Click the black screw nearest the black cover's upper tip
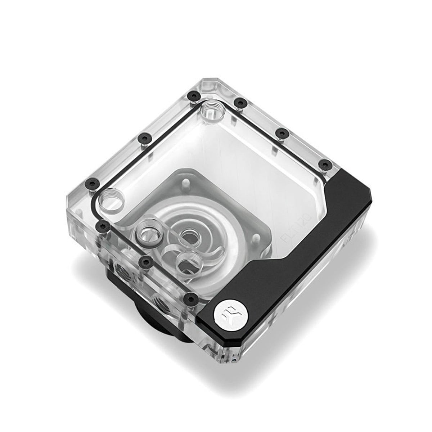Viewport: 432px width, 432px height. click(x=326, y=165)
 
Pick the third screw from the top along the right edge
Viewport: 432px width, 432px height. click(x=326, y=165)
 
